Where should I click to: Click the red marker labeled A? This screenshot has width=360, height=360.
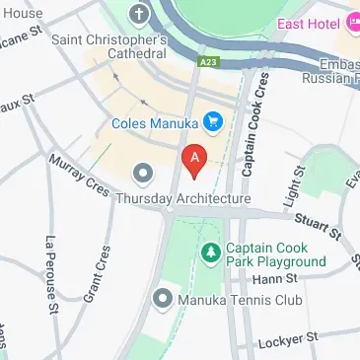click(x=194, y=160)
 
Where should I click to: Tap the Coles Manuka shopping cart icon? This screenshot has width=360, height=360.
click(x=213, y=123)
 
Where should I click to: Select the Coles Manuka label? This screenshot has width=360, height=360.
click(x=157, y=124)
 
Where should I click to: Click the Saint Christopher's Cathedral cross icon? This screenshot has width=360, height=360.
click(x=138, y=15)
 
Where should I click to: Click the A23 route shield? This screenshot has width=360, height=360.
click(x=207, y=61)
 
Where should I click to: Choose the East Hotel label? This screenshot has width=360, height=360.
click(x=309, y=22)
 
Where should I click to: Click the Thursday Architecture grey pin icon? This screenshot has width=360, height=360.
click(x=143, y=176)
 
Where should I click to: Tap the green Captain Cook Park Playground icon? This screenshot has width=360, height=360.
click(x=210, y=254)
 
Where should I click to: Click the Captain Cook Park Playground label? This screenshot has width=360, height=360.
click(x=275, y=254)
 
